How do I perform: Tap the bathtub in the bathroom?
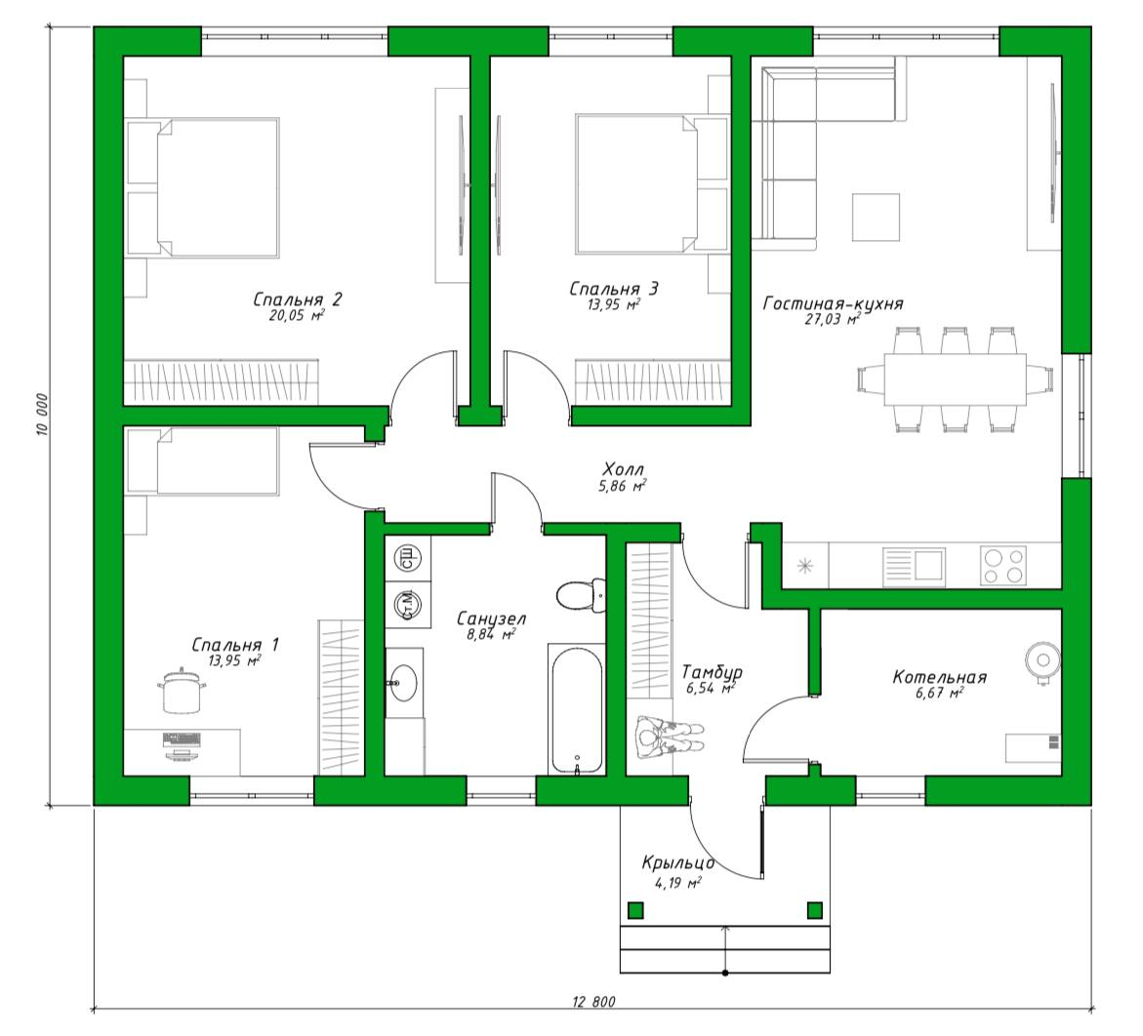pyautogui.click(x=577, y=709)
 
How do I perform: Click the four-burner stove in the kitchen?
pyautogui.click(x=1003, y=566)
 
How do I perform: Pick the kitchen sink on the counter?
pyautogui.click(x=915, y=566)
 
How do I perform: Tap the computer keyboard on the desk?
pyautogui.click(x=182, y=739)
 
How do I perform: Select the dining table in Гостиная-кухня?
pyautogui.click(x=955, y=379)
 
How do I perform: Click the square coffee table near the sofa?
pyautogui.click(x=877, y=217)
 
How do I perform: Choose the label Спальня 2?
pyautogui.click(x=297, y=299)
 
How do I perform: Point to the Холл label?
pyautogui.click(x=624, y=469)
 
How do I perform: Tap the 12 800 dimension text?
pyautogui.click(x=593, y=1003)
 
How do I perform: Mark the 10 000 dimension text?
pyautogui.click(x=42, y=416)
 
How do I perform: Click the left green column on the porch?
pyautogui.click(x=635, y=910)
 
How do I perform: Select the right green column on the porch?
pyautogui.click(x=815, y=910)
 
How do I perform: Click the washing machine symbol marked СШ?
pyautogui.click(x=407, y=559)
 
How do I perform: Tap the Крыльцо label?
pyautogui.click(x=677, y=863)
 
